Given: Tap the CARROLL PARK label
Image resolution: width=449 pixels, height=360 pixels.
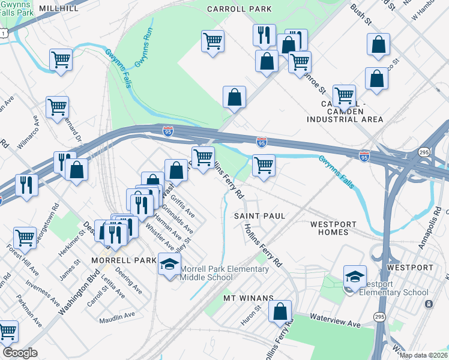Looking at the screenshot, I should tap(239, 9).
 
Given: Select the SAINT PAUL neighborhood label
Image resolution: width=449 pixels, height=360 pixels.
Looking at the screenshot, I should tap(259, 215).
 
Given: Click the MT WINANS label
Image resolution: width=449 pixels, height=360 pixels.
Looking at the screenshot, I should tap(249, 298).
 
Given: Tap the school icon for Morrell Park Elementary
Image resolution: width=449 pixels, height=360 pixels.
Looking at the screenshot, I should tap(169, 264).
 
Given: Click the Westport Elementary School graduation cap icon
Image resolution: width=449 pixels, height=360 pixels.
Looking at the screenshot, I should tap(355, 276).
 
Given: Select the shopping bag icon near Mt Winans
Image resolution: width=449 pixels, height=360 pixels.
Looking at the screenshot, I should tap(280, 311).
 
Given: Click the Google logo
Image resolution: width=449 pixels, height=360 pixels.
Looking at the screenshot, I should tap(20, 353).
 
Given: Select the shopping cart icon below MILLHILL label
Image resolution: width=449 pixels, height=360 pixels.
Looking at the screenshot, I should tap(61, 59).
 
